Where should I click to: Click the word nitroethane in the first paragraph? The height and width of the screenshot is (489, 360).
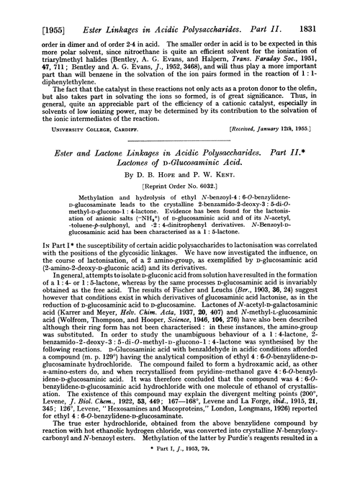tap(176, 34)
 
